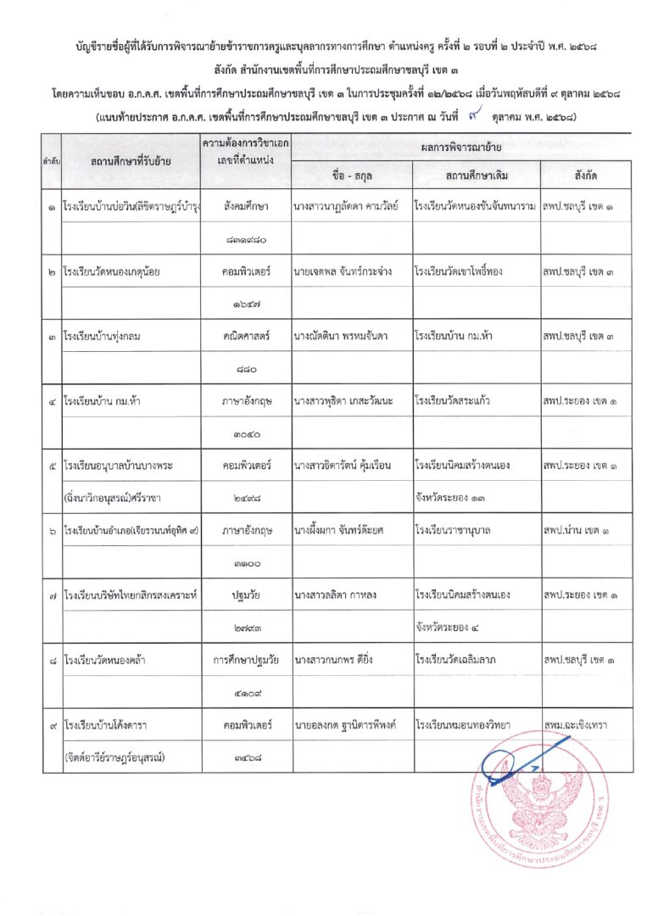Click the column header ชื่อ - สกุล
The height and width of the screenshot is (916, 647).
tap(351, 176)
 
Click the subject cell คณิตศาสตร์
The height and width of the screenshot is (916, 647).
tap(246, 337)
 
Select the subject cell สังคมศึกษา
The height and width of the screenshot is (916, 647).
tap(246, 206)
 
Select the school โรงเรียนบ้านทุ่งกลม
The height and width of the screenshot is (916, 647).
tap(102, 337)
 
